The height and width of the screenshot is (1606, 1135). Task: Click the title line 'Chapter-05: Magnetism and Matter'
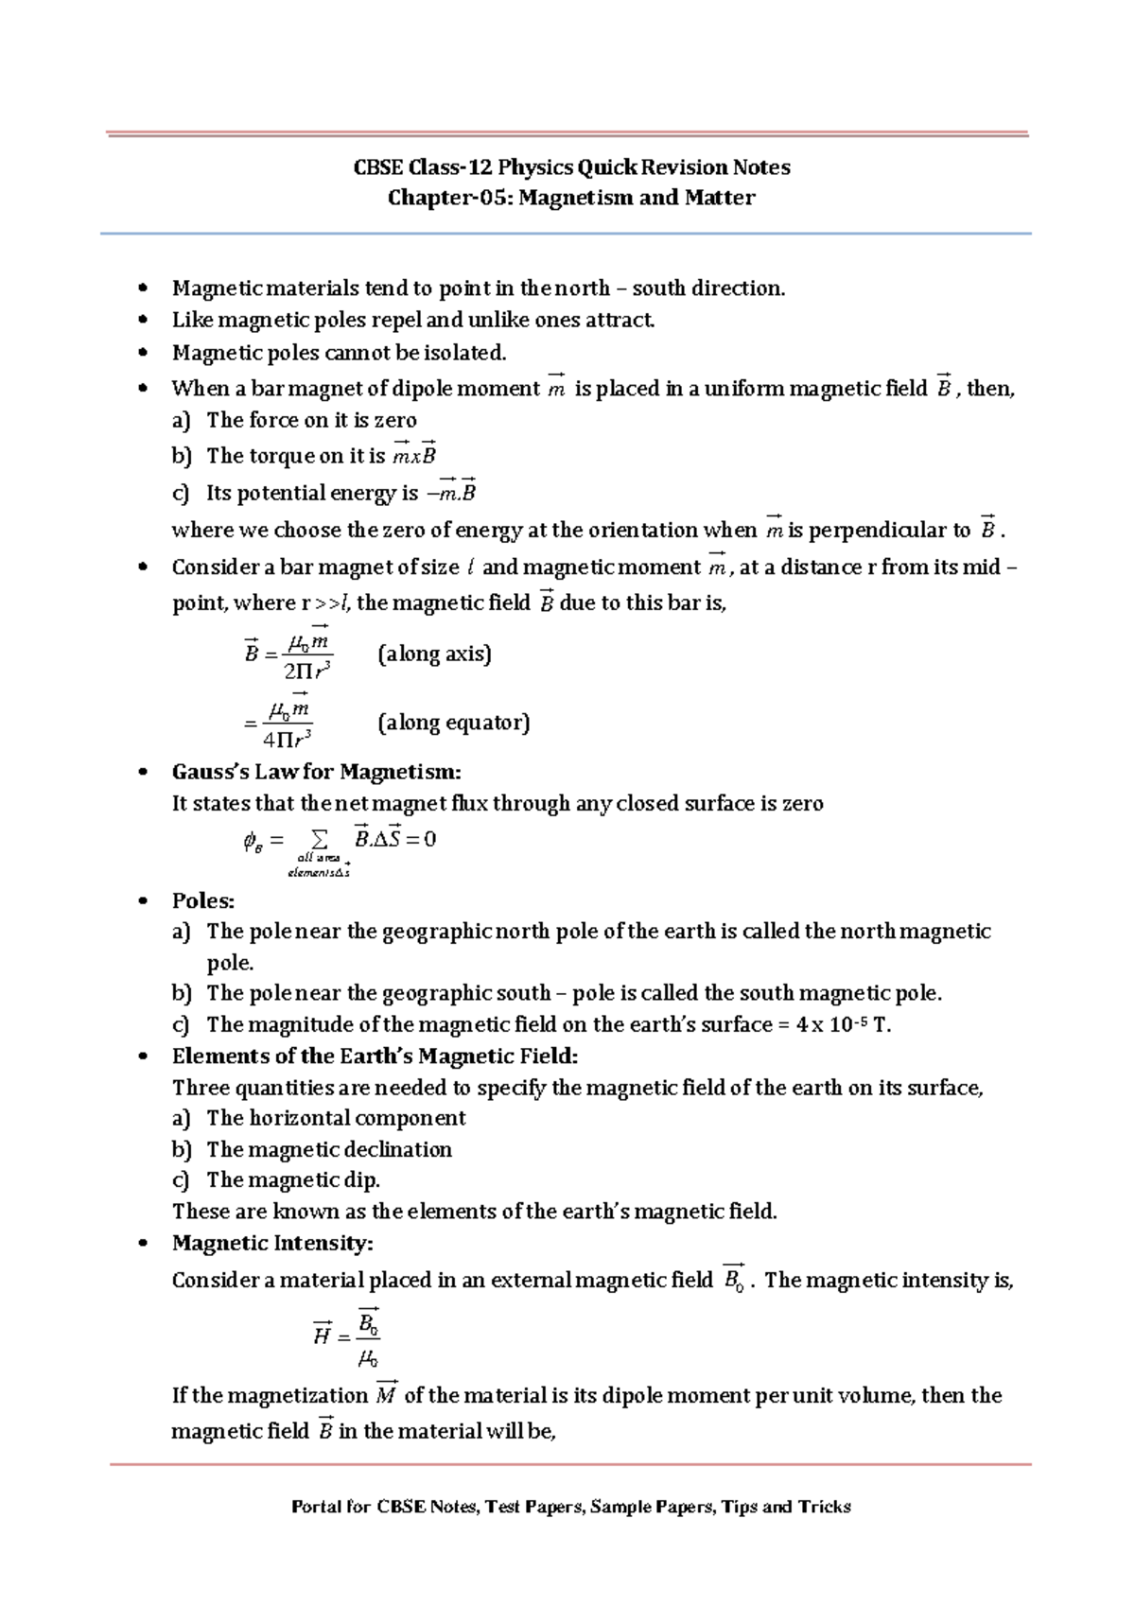(x=571, y=198)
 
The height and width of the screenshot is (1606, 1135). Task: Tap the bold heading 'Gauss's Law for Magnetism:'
(x=316, y=772)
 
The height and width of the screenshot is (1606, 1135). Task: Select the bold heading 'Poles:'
(x=202, y=900)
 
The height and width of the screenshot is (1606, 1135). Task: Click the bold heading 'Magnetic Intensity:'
(x=272, y=1243)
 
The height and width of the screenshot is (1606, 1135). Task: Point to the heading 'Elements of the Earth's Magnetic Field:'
(x=375, y=1056)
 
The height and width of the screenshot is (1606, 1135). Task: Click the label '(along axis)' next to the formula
(x=434, y=654)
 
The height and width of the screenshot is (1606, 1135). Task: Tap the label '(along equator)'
(x=453, y=723)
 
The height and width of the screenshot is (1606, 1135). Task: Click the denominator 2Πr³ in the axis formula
(x=306, y=671)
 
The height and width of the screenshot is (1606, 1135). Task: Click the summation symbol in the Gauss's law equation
(x=319, y=839)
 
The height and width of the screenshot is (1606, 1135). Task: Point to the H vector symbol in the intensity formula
(x=322, y=1335)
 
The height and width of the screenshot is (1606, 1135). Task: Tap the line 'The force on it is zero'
(x=311, y=420)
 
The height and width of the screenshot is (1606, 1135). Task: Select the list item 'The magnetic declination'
(x=328, y=1149)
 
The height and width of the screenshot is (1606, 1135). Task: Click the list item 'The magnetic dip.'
(x=292, y=1180)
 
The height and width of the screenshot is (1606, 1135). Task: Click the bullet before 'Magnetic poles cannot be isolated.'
(x=143, y=353)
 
